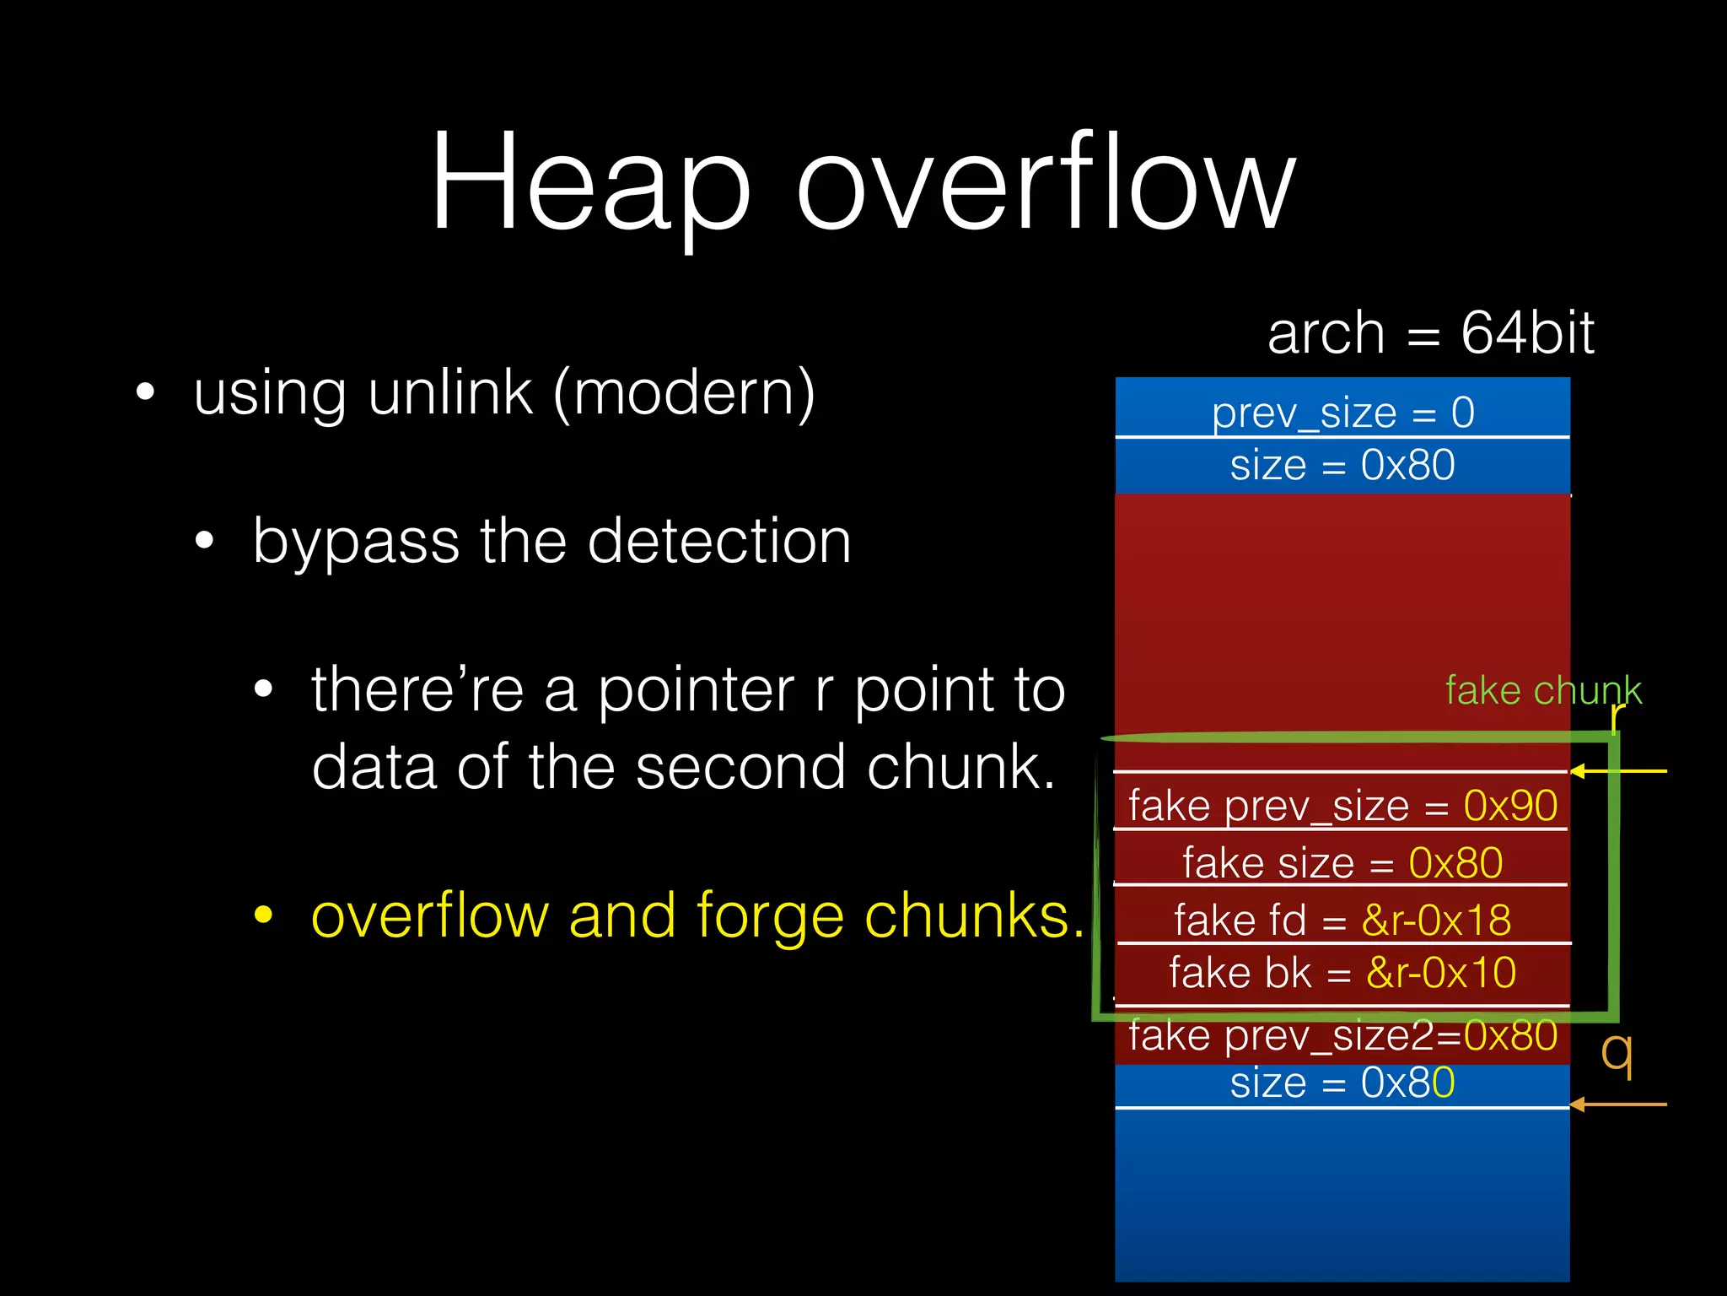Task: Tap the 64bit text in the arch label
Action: coord(1527,332)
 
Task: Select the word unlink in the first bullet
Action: coord(450,393)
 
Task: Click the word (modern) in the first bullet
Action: coord(684,395)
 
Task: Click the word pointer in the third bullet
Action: coord(696,690)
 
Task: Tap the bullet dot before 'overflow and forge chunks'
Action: coord(264,915)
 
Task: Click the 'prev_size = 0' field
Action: coord(1342,413)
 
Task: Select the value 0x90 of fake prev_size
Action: coord(1510,806)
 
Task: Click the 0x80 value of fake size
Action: coord(1455,863)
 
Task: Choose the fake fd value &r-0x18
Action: coord(1436,920)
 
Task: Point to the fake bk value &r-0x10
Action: coord(1440,973)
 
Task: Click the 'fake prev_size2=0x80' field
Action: coord(1342,1035)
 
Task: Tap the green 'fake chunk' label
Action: coord(1542,690)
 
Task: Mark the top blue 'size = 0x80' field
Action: coord(1342,466)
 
